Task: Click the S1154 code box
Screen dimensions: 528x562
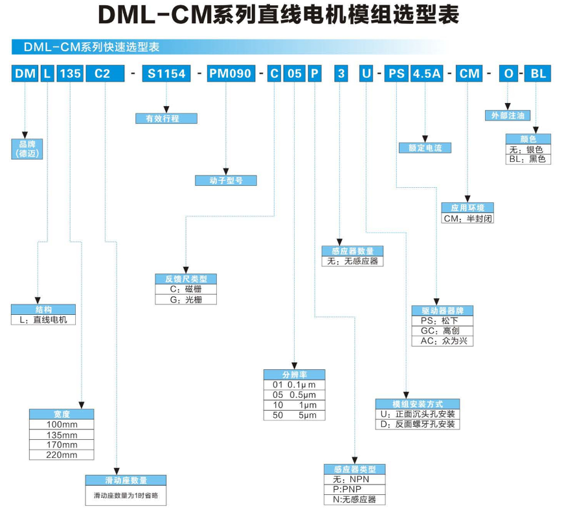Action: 166,73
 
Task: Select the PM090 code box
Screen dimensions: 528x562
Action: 230,73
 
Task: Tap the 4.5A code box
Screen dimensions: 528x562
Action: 426,73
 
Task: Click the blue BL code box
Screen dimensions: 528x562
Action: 539,73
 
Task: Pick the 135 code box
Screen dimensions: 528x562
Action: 71,73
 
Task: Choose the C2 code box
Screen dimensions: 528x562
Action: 102,73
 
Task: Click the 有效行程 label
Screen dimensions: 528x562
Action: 166,119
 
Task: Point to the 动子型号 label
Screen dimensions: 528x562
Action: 226,181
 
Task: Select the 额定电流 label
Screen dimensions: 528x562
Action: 425,148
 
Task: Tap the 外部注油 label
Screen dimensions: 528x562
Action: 508,115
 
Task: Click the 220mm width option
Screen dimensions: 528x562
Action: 62,455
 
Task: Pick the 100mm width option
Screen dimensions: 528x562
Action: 62,424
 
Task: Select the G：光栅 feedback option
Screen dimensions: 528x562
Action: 186,299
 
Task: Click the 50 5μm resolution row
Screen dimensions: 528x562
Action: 295,415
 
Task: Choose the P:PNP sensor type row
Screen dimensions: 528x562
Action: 354,489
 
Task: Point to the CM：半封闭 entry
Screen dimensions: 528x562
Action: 467,218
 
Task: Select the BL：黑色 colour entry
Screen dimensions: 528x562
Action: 528,159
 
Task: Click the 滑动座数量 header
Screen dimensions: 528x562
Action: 126,480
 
